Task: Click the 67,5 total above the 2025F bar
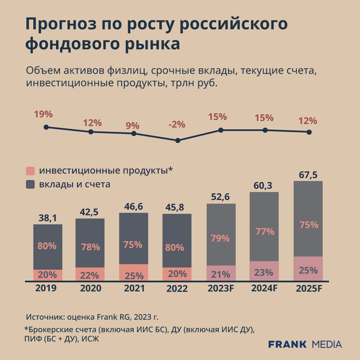(308, 175)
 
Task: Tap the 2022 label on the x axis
(177, 289)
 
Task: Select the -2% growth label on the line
(177, 125)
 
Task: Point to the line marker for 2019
(46, 127)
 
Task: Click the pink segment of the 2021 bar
(133, 272)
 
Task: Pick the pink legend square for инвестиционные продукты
(30, 171)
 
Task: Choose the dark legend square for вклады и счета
(30, 184)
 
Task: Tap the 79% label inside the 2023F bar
(220, 239)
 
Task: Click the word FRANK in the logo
(287, 344)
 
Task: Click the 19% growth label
(43, 114)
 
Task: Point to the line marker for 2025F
(309, 132)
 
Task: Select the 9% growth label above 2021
(132, 126)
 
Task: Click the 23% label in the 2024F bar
(264, 273)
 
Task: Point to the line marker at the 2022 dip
(178, 140)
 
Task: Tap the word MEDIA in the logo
(327, 344)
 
